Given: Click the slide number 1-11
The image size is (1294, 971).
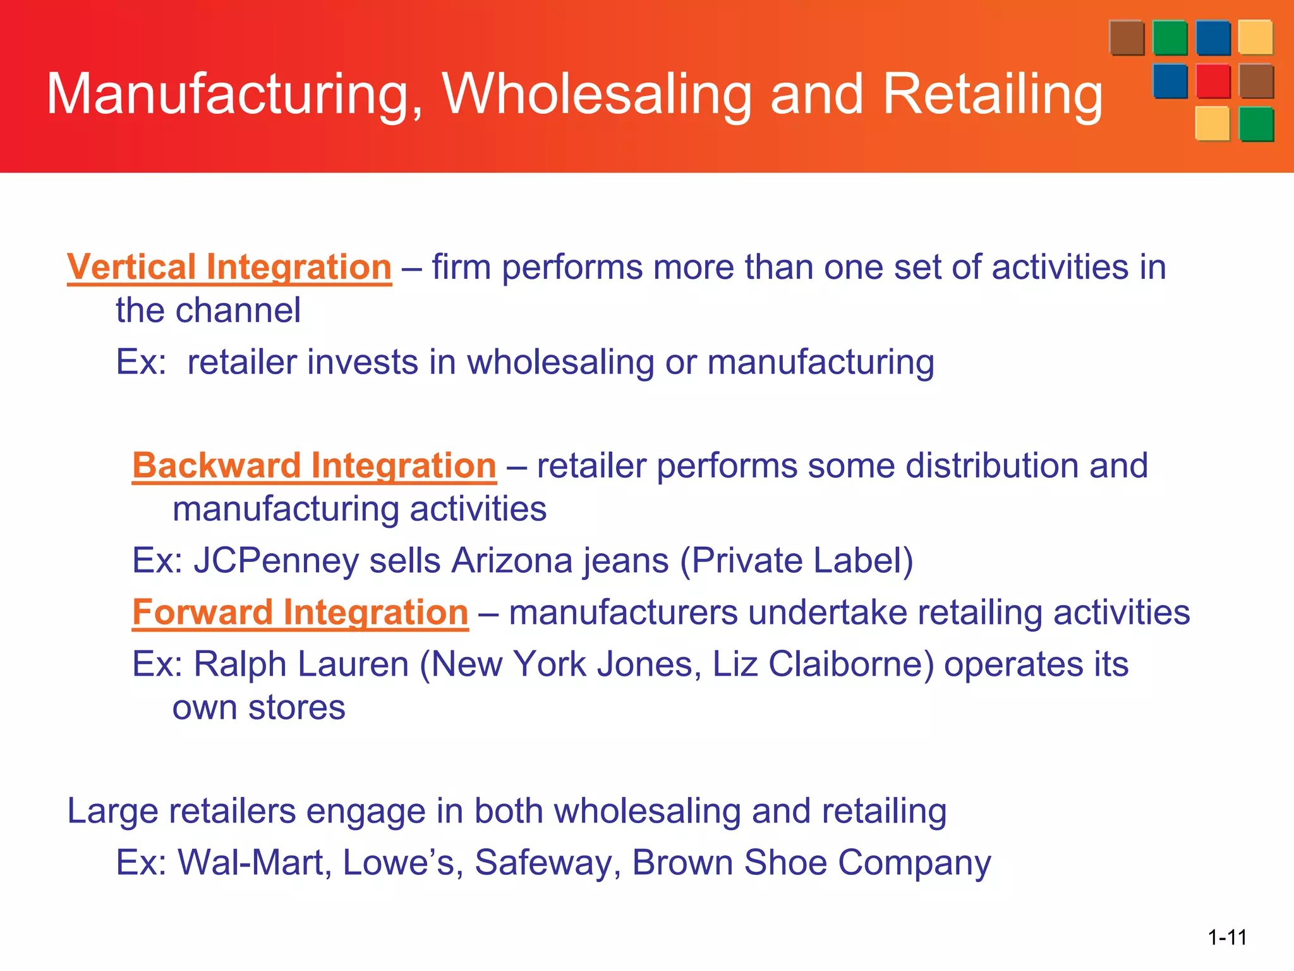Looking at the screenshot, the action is point(1227,937).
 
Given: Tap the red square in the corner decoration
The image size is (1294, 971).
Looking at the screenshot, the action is point(1212,82).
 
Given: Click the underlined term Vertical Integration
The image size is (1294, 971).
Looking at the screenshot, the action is point(229,267).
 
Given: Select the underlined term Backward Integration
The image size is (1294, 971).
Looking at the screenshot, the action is point(314,466).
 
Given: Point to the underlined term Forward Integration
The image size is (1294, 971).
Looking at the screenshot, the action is point(300,613).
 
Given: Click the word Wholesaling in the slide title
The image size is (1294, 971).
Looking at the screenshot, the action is point(596,94).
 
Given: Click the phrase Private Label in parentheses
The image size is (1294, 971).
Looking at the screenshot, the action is point(797,561).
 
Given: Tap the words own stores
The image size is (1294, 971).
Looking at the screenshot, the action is point(258,707).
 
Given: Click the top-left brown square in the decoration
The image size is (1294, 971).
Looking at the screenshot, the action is point(1126,38).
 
